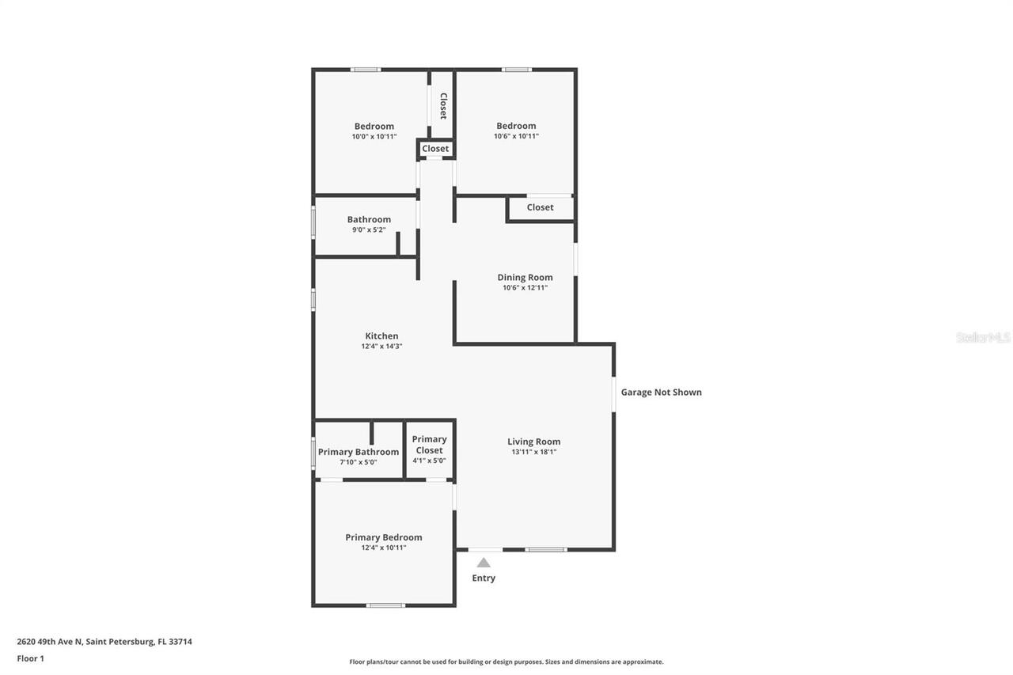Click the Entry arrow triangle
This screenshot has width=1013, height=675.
483,563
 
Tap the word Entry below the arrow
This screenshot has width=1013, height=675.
484,578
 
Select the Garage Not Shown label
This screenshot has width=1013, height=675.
661,392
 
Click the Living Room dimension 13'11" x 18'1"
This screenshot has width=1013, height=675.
534,453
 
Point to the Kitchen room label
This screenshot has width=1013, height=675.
381,336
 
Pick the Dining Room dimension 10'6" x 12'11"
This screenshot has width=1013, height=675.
525,288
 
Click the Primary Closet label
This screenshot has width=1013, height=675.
429,445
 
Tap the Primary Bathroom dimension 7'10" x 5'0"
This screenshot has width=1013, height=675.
359,462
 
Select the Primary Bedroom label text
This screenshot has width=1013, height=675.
384,537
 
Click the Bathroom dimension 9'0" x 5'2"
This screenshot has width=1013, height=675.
369,230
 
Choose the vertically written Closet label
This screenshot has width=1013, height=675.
443,106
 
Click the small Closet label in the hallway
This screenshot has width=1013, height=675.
435,149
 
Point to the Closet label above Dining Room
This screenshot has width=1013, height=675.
540,207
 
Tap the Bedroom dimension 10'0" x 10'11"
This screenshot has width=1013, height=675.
374,137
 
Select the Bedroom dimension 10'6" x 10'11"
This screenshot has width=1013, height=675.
516,136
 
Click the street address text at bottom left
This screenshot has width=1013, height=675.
104,642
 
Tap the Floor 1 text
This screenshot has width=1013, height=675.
31,658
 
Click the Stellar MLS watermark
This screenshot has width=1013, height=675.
983,337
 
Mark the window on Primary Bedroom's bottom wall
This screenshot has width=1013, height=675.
385,605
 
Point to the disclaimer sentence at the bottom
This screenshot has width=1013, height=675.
506,662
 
